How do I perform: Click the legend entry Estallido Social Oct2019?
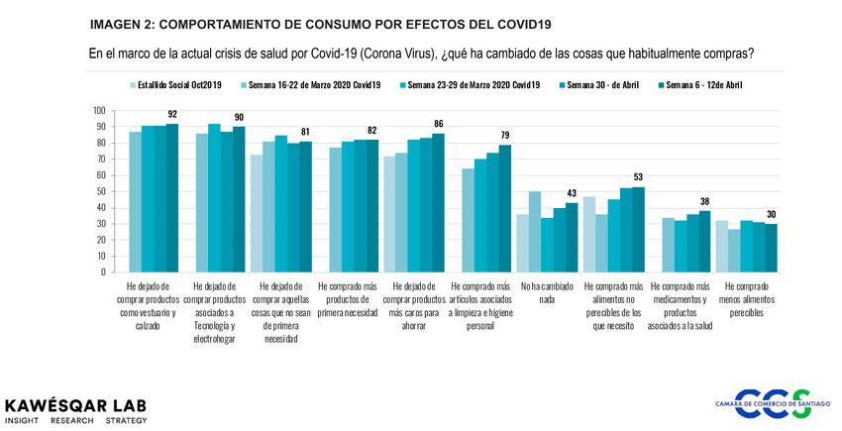pos(184,85)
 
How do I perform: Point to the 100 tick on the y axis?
pos(99,110)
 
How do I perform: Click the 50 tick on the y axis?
pos(101,191)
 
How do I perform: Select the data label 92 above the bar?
pos(172,115)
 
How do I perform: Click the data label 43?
pos(571,193)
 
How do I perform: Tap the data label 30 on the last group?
pos(770,215)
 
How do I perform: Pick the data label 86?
pos(438,124)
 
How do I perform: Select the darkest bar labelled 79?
pos(504,208)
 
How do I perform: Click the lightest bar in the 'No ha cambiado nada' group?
pos(521,243)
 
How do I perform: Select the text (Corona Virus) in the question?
pos(408,53)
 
